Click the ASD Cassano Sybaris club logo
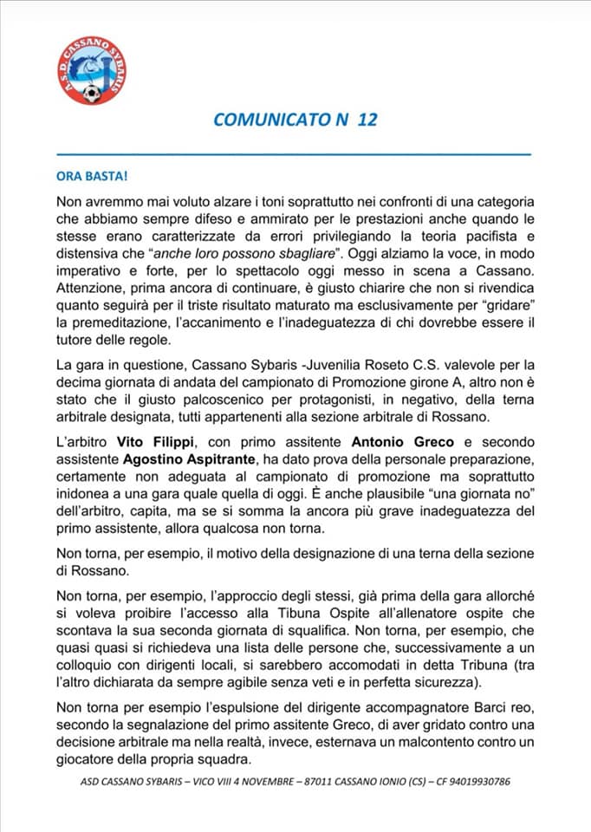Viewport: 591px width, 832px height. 93,71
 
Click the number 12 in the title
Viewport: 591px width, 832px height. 367,120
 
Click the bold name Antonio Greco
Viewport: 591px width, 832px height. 415,442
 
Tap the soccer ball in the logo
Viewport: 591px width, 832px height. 92,92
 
